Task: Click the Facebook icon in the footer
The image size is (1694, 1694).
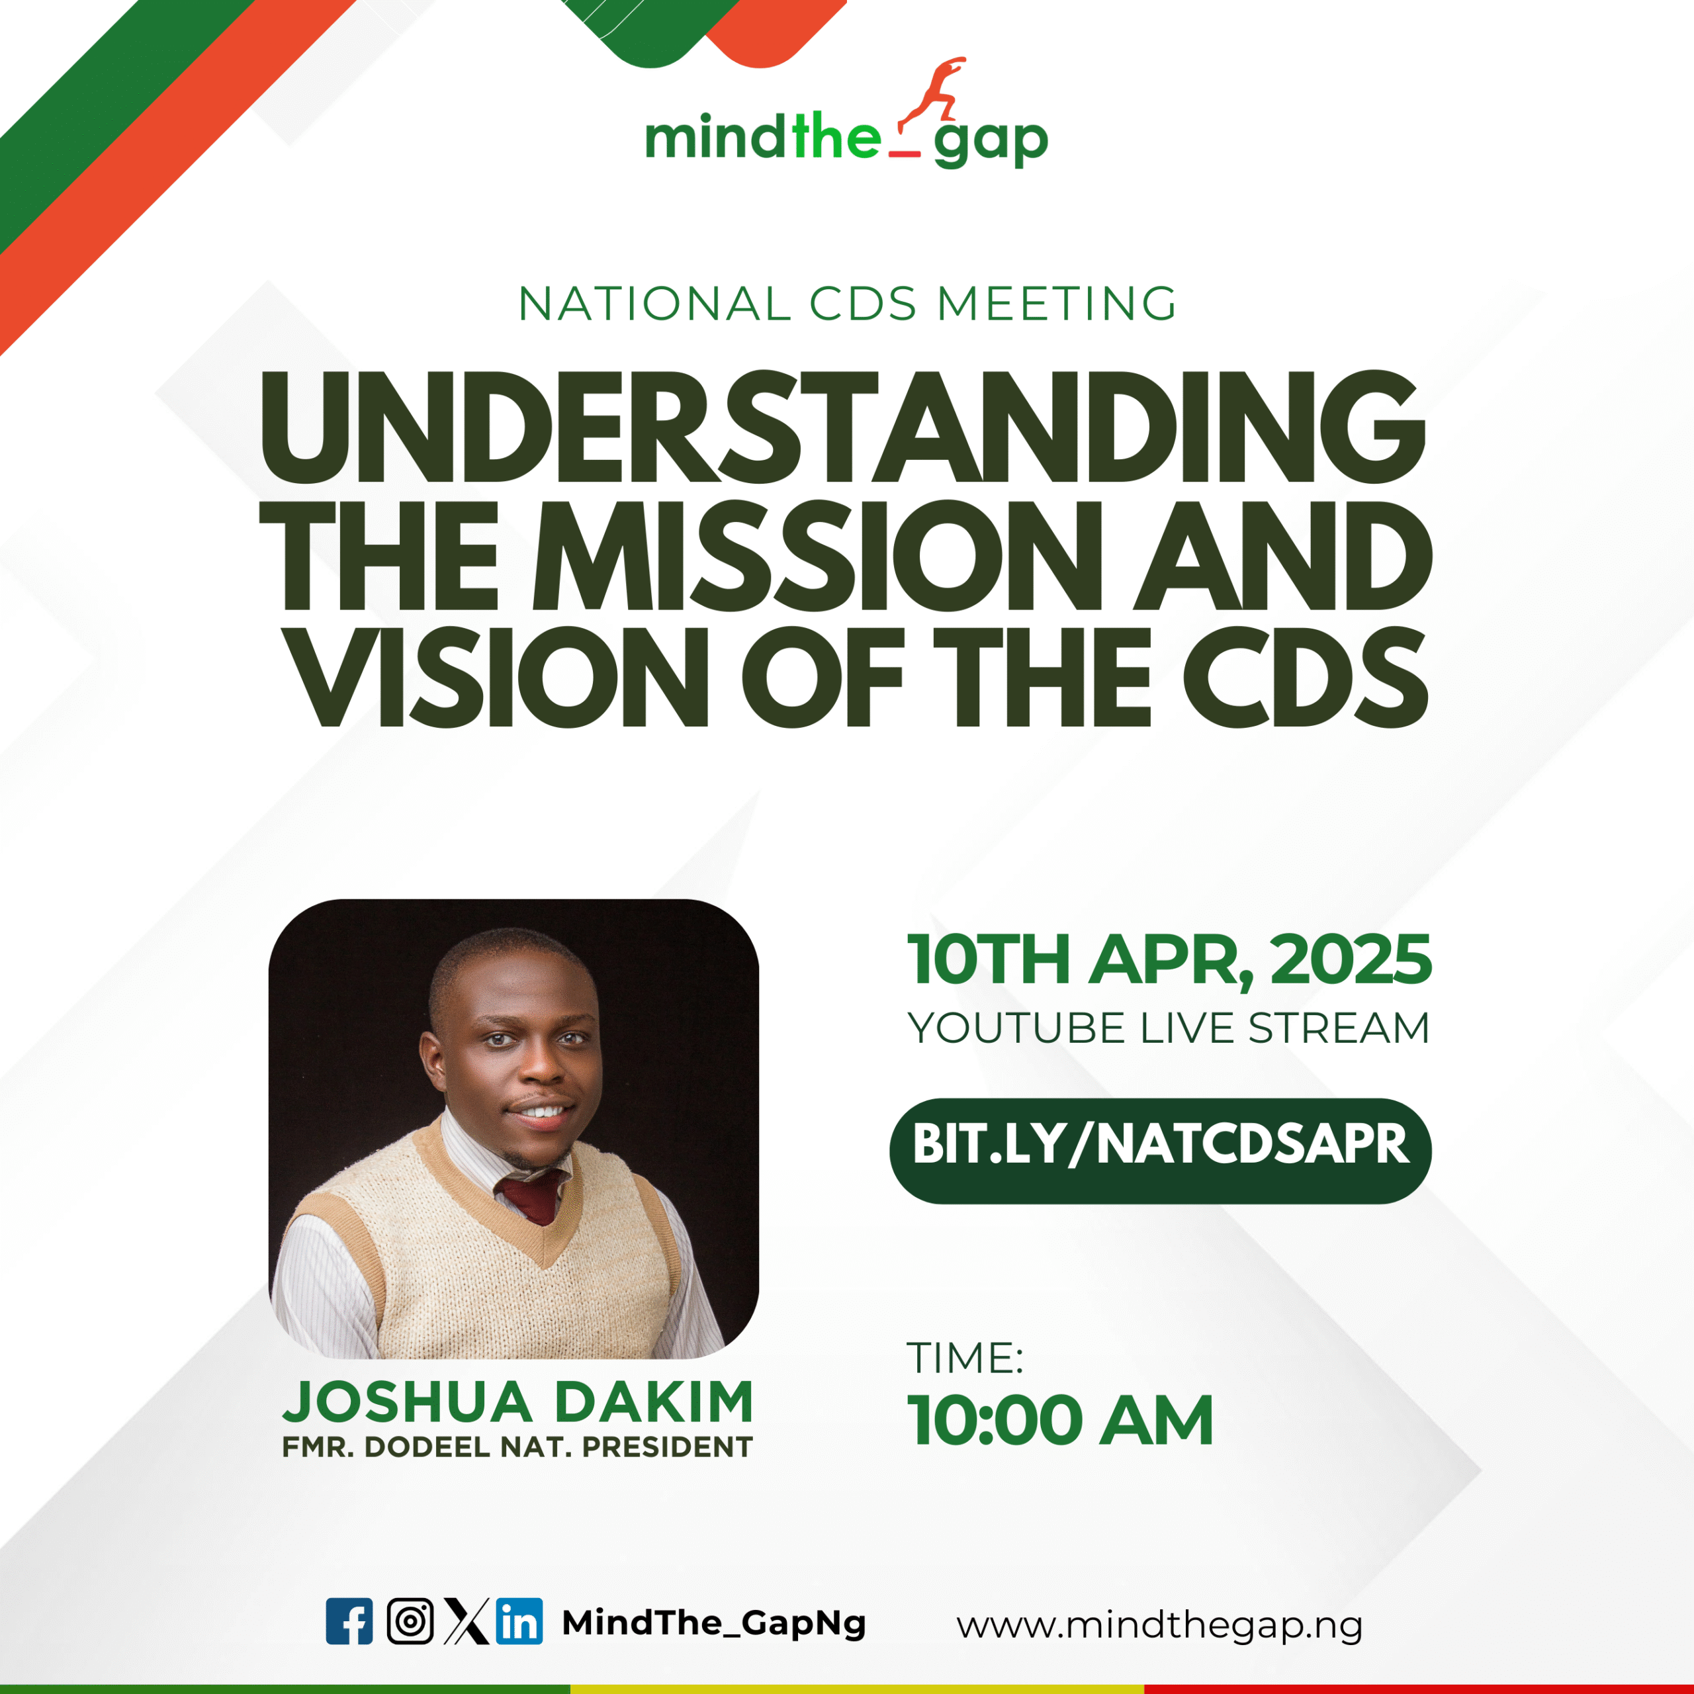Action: pos(349,1621)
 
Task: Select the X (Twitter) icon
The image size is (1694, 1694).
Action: pos(466,1621)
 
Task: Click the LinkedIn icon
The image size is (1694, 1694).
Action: pos(519,1621)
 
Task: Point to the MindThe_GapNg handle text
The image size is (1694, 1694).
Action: pos(714,1623)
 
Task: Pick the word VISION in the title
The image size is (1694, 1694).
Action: pos(499,677)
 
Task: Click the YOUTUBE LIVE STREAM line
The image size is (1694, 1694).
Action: pos(1169,1028)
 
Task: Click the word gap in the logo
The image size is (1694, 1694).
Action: pos(991,142)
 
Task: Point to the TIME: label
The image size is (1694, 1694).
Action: pos(965,1359)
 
